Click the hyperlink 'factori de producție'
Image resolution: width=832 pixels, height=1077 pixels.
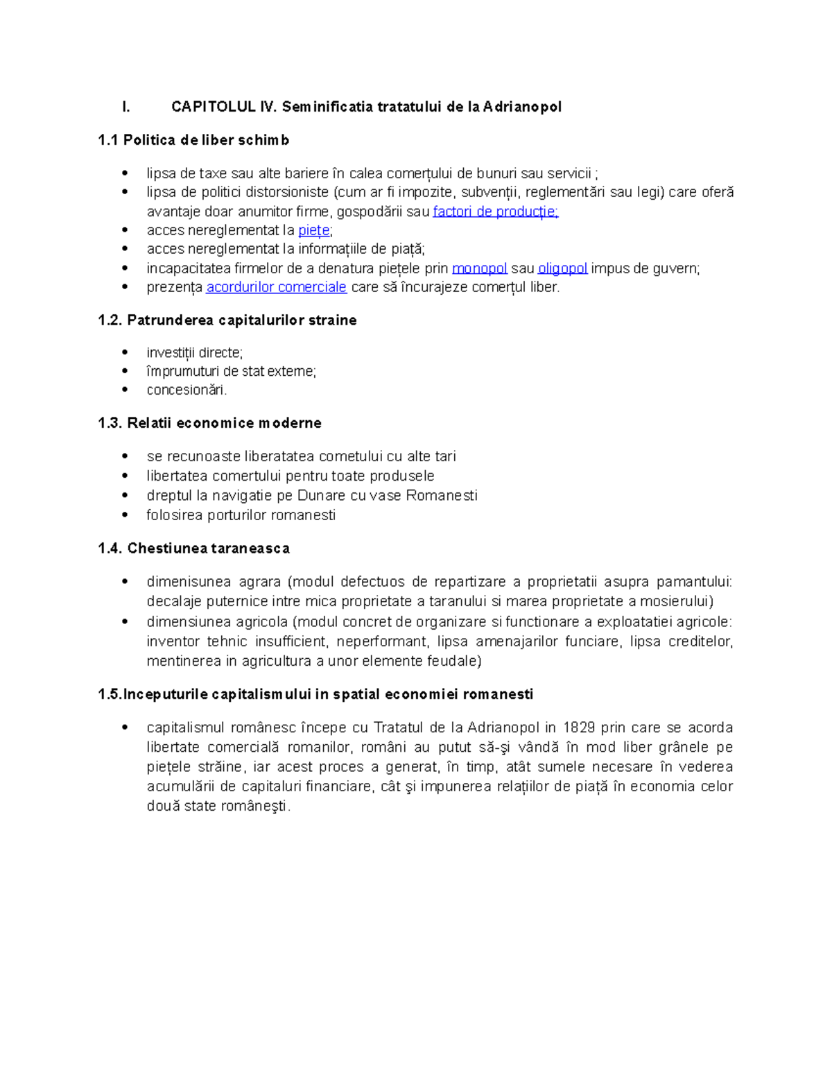click(x=495, y=212)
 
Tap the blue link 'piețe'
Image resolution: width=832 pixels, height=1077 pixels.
click(x=313, y=231)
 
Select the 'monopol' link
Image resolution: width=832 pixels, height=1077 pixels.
click(x=479, y=268)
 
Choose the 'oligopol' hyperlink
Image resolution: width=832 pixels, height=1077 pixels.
click(x=562, y=268)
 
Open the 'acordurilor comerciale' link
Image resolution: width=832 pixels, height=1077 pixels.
click(x=276, y=287)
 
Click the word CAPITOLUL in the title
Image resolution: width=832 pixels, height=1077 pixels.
click(x=214, y=107)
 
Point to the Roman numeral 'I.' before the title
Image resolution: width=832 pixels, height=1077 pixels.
click(x=125, y=107)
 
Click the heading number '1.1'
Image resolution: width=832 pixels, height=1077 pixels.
click(x=108, y=140)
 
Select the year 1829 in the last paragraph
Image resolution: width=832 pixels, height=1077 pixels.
click(x=578, y=727)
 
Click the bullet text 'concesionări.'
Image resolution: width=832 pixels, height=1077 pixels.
click(x=187, y=390)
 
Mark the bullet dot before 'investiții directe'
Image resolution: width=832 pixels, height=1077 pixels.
click(x=125, y=352)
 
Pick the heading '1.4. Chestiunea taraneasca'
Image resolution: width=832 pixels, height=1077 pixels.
click(x=193, y=549)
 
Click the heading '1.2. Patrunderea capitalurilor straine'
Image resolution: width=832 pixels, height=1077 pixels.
click(x=227, y=320)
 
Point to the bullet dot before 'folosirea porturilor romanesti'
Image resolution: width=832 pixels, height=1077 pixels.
click(x=125, y=515)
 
